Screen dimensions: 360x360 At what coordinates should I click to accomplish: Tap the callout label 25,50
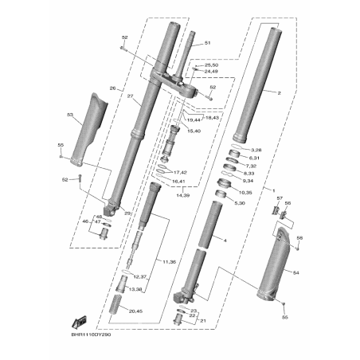tap(211, 65)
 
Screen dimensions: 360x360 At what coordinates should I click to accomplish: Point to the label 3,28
tap(256, 150)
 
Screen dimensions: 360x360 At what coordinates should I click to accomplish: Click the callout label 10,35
tap(245, 192)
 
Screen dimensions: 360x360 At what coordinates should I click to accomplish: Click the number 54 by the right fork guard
tap(295, 272)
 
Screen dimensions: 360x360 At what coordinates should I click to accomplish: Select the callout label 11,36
tap(168, 261)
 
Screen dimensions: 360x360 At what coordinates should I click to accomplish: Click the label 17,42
tap(179, 172)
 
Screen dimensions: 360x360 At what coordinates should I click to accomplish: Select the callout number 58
tap(299, 238)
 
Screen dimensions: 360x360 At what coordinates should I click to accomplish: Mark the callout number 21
tap(202, 321)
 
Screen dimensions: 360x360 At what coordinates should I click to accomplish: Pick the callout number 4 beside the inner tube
tap(225, 240)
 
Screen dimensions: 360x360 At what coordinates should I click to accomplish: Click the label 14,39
tap(183, 194)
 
